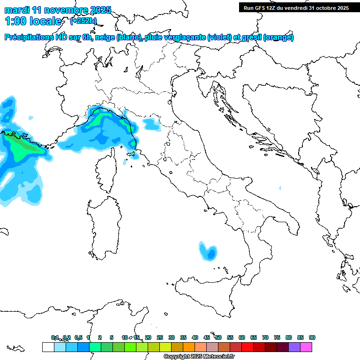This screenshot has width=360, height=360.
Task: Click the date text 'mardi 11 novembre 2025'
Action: click(58, 9)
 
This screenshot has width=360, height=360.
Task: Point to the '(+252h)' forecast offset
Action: click(83, 21)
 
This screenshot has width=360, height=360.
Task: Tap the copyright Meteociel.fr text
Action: click(199, 357)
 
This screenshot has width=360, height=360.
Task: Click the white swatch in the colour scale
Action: click(48, 347)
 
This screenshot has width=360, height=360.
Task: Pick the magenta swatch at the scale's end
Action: click(306, 347)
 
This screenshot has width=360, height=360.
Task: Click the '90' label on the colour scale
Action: click(312, 337)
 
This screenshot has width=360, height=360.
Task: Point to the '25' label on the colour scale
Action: click(160, 337)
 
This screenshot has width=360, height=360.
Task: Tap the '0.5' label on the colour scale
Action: click(78, 337)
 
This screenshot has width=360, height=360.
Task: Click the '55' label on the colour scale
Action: click(230, 337)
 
